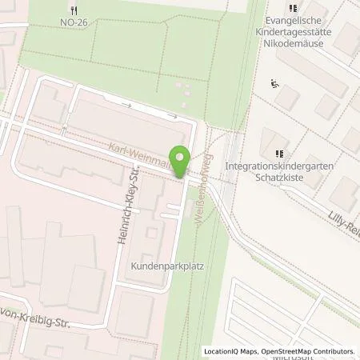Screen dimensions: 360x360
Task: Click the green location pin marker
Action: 179,162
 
